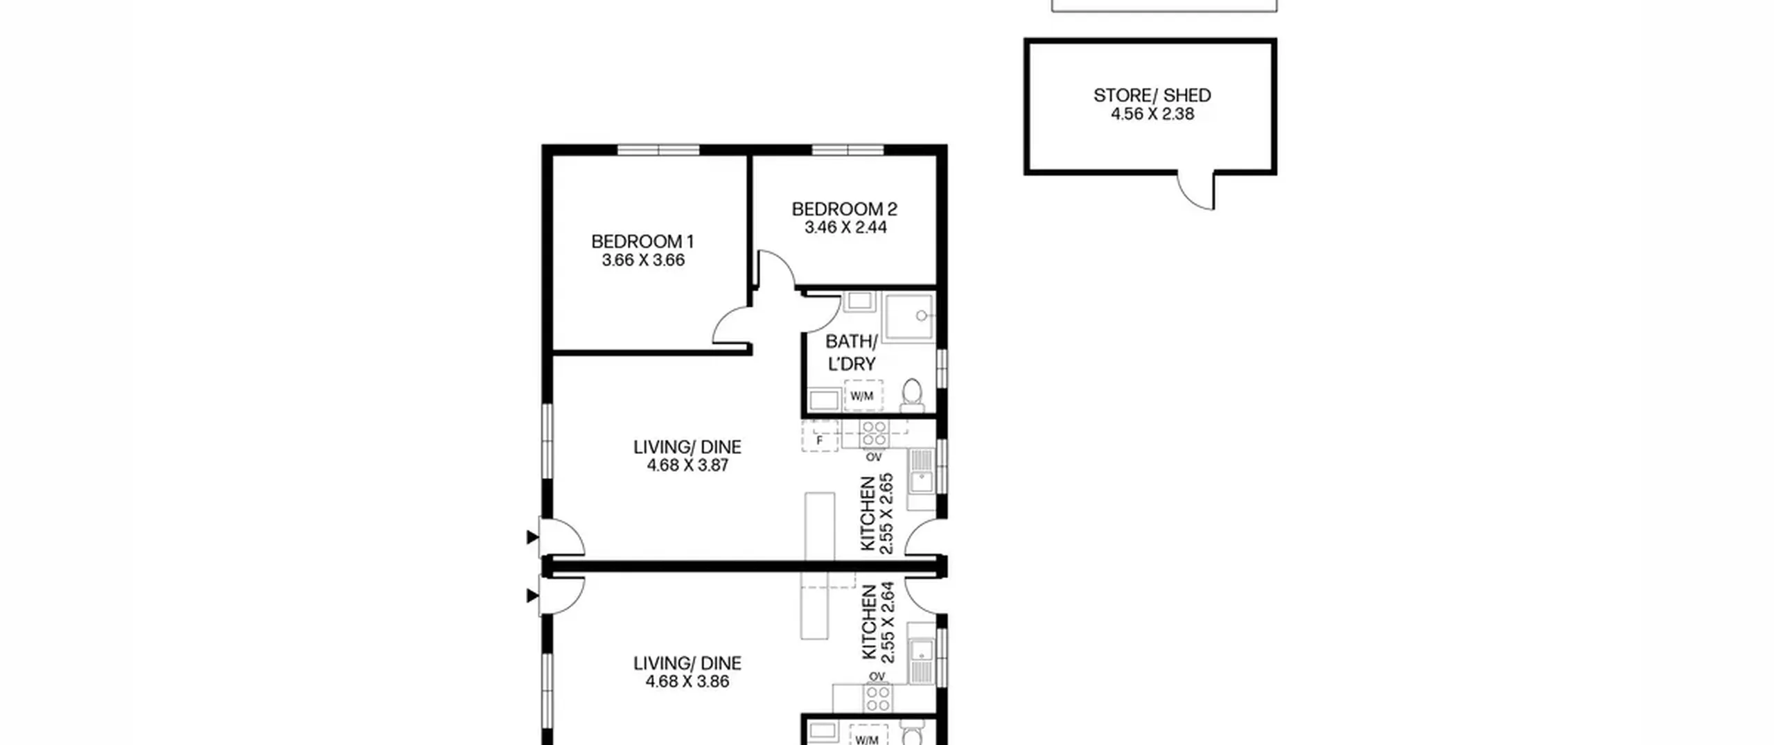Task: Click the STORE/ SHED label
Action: pyautogui.click(x=1152, y=95)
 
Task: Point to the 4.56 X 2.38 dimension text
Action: pyautogui.click(x=1152, y=114)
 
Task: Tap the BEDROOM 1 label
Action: pyautogui.click(x=642, y=241)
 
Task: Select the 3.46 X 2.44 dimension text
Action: pyautogui.click(x=845, y=227)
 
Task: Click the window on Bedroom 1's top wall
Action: pyautogui.click(x=658, y=150)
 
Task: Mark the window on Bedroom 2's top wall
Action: pyautogui.click(x=848, y=150)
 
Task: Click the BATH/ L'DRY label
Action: pyautogui.click(x=852, y=353)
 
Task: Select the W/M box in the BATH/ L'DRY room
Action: pyautogui.click(x=863, y=396)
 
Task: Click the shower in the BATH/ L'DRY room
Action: pyautogui.click(x=909, y=317)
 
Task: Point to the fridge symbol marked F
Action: pyautogui.click(x=820, y=436)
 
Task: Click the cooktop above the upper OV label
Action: pyautogui.click(x=874, y=435)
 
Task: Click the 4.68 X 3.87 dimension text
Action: pyautogui.click(x=687, y=465)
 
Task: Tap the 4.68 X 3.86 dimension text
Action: pyautogui.click(x=687, y=681)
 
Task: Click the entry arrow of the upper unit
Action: pyautogui.click(x=532, y=536)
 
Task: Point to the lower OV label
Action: pyautogui.click(x=877, y=676)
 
